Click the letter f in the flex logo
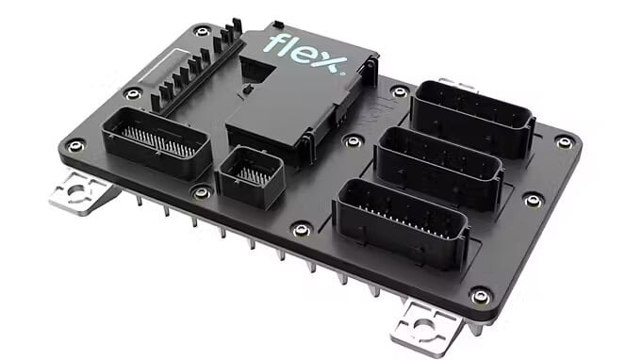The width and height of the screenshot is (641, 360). tap(274, 42)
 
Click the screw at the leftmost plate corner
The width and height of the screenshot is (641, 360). tap(75, 146)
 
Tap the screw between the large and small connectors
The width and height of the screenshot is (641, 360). tap(201, 192)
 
